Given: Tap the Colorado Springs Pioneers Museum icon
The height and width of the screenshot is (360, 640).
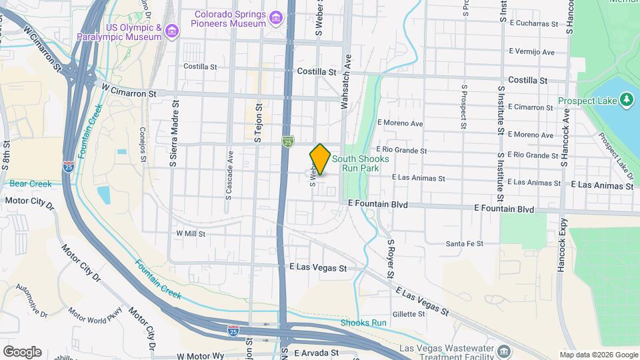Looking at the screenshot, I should pos(276,15).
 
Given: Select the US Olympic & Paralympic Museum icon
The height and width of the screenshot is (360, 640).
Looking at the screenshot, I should pos(173,31).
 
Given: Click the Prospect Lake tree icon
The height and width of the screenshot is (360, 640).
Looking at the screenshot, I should pos(625,100).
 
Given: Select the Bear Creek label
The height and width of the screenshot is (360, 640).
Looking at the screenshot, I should pos(31,183).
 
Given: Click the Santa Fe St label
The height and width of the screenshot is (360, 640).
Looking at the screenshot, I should pos(465,244).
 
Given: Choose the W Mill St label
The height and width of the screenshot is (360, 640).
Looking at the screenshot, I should pos(190,233).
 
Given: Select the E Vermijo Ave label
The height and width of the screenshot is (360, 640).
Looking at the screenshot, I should pos(531,52).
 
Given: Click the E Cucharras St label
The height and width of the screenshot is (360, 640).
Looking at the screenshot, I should pos(533,23).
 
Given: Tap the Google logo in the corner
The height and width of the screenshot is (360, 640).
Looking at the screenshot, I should pos(22,352).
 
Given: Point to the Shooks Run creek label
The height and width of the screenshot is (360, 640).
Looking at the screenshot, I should pos(363,323).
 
